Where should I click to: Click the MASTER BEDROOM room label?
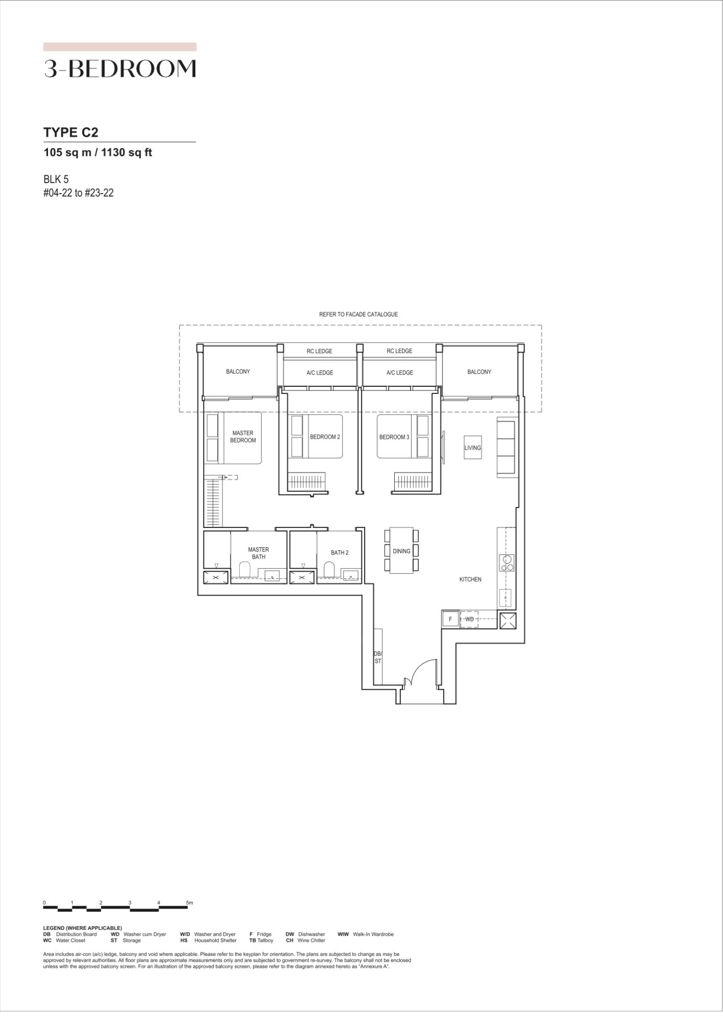243,436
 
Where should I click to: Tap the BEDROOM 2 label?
325,437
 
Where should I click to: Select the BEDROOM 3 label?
394,437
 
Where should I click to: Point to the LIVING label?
472,448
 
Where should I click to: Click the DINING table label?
401,551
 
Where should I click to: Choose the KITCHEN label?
470,579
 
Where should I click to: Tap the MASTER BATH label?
258,553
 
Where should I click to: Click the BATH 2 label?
340,552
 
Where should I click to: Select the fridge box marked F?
450,619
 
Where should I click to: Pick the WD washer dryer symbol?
469,619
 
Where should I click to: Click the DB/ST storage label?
378,657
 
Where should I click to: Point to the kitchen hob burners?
507,564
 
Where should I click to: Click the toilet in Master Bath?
244,569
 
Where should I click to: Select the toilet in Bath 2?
329,569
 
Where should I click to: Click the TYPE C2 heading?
71,132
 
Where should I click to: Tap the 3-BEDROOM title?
120,68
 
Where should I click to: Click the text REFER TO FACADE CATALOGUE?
358,314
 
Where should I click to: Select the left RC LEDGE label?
320,351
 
